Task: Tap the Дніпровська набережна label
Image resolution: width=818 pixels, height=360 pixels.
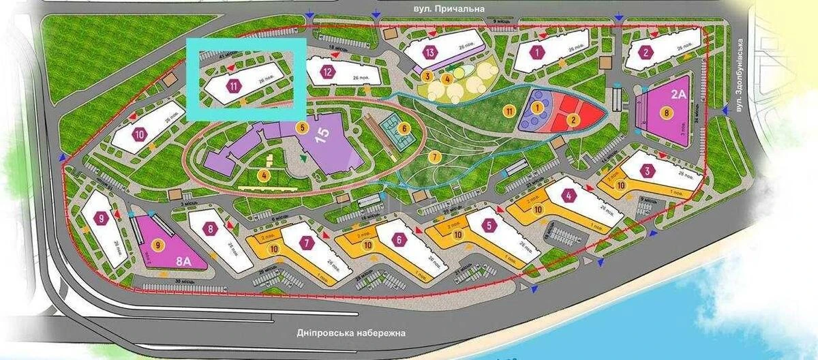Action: pyautogui.click(x=350, y=333)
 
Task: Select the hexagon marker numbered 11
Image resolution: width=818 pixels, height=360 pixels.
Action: pyautogui.click(x=234, y=86)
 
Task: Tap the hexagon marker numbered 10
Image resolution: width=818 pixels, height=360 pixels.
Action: pyautogui.click(x=140, y=134)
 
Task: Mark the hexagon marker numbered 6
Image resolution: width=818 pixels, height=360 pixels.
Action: pyautogui.click(x=401, y=239)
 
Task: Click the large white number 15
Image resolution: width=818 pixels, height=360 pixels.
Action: pyautogui.click(x=322, y=132)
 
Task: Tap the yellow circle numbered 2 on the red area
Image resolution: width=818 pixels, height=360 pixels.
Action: pyautogui.click(x=573, y=120)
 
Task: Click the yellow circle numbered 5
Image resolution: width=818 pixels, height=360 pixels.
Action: pyautogui.click(x=303, y=127)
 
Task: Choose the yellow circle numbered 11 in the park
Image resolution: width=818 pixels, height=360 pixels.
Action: pyautogui.click(x=509, y=110)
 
